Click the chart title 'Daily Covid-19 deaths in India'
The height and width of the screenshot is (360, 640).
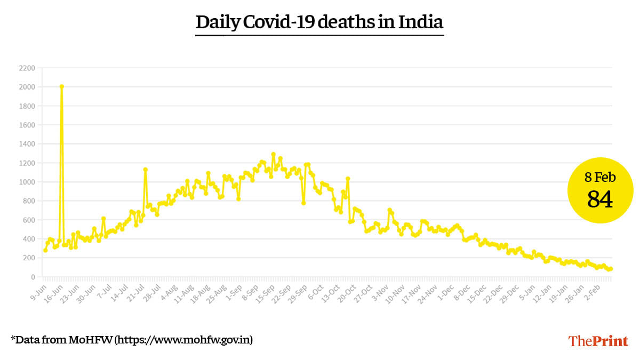point(319,22)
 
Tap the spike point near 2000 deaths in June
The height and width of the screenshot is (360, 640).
point(62,86)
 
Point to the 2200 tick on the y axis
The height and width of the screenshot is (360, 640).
point(27,68)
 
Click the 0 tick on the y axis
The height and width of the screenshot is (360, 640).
point(33,277)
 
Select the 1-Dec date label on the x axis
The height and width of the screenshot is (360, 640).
point(446,291)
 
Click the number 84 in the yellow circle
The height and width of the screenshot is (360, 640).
point(600,199)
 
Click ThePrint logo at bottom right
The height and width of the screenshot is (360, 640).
point(598,341)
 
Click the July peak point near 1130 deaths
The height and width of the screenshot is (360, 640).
point(145,170)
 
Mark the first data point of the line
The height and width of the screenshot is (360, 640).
point(45,250)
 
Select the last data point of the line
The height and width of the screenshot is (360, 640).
point(611,269)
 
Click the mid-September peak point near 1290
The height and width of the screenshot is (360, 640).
point(273,154)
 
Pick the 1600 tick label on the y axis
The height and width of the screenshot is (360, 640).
point(27,125)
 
